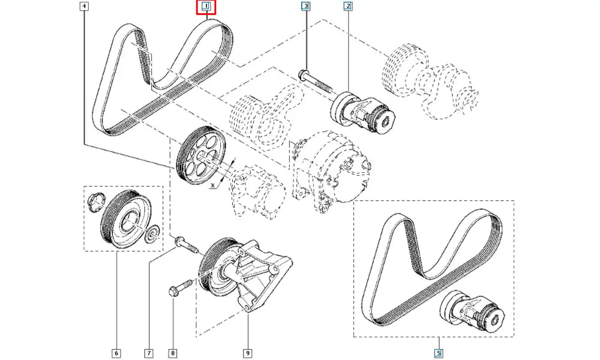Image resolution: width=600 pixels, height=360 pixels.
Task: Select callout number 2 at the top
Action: pyautogui.click(x=349, y=7)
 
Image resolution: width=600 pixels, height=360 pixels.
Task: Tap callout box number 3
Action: pyautogui.click(x=306, y=7)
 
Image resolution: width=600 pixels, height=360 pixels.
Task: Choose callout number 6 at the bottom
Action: pyautogui.click(x=116, y=353)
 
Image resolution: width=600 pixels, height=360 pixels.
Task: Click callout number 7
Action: pyautogui.click(x=148, y=353)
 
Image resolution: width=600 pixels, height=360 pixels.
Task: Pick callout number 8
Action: pyautogui.click(x=173, y=353)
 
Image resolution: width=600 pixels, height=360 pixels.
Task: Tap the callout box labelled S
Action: pyautogui.click(x=440, y=353)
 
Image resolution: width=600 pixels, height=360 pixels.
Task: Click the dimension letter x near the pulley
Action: pyautogui.click(x=213, y=186)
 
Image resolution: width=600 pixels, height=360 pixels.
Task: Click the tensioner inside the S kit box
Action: pyautogui.click(x=474, y=313)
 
